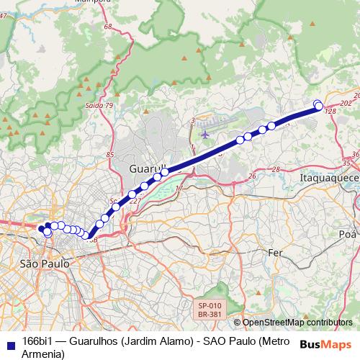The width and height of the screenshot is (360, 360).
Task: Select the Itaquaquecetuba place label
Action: (x=328, y=176)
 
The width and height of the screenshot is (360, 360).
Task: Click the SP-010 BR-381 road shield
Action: (x=210, y=310)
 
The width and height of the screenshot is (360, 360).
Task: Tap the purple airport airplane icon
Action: (x=207, y=133)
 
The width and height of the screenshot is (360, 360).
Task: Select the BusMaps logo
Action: (x=326, y=343)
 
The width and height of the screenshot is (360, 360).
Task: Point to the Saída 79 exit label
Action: (x=99, y=106)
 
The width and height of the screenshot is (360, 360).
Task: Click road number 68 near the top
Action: (x=109, y=27)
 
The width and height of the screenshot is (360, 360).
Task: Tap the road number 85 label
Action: (x=110, y=155)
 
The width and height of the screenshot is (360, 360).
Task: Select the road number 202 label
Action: (x=346, y=104)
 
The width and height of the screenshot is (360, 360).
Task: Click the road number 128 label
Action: (x=331, y=112)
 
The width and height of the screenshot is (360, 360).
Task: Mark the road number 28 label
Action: (x=275, y=169)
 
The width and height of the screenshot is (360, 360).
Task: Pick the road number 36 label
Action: (x=355, y=155)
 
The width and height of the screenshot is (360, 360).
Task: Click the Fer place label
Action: (x=275, y=253)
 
